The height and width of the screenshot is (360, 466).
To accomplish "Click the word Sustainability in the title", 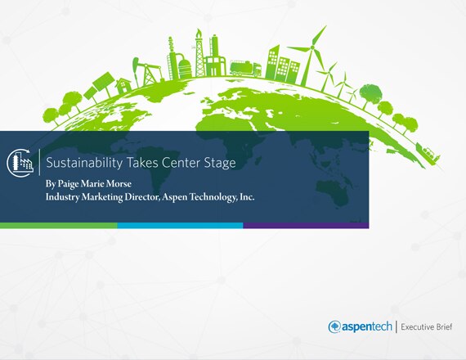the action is (x=84, y=163).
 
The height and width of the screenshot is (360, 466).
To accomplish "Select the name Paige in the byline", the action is (x=69, y=184).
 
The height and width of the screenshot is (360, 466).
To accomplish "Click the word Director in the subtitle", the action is (x=141, y=197).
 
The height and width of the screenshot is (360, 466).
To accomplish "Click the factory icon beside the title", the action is (x=20, y=163).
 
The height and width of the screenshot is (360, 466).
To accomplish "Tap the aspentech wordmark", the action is (x=367, y=326).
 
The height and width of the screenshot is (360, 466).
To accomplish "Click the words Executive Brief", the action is (x=427, y=327).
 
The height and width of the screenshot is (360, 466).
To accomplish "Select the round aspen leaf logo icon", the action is (x=334, y=326).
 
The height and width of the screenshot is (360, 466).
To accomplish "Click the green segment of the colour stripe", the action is (x=59, y=226).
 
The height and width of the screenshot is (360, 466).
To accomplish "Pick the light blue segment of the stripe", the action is (x=180, y=226).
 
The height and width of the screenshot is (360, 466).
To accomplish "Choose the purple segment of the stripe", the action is (x=306, y=226).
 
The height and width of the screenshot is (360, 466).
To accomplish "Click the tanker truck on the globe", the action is (x=245, y=68).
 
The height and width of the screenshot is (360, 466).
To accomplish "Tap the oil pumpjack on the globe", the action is (x=147, y=71).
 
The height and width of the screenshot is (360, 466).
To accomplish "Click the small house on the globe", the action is (x=123, y=86).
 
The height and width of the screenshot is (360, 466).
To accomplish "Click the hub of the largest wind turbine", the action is (x=312, y=47).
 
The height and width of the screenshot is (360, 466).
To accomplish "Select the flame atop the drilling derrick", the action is (x=198, y=32).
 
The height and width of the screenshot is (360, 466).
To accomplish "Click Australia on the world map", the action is (x=333, y=193).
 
